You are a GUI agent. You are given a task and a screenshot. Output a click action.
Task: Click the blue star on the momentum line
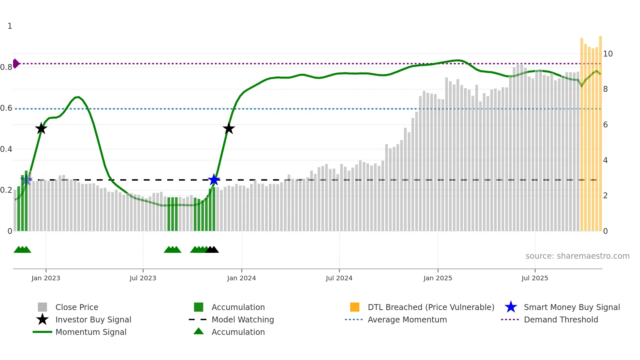(x=214, y=180)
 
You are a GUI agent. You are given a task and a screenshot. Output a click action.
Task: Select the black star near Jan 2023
(x=41, y=128)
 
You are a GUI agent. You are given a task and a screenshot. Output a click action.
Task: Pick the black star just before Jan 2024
(x=229, y=128)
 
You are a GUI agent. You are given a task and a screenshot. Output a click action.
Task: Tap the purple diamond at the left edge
(x=16, y=63)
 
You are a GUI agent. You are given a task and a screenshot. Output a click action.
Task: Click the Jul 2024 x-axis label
(x=339, y=278)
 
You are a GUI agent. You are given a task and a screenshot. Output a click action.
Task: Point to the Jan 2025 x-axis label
(x=438, y=278)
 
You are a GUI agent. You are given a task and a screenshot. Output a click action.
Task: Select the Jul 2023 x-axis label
(x=143, y=278)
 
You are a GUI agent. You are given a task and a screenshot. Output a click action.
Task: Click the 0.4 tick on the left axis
(x=6, y=149)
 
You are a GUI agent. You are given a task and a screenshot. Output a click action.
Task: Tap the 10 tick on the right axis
(x=608, y=54)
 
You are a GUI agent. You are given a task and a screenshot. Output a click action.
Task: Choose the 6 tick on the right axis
(x=605, y=125)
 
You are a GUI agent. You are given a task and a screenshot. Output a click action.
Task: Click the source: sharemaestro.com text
(x=577, y=256)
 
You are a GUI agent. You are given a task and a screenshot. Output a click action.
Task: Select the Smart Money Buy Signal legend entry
(x=571, y=307)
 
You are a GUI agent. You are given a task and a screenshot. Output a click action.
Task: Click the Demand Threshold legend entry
(x=561, y=319)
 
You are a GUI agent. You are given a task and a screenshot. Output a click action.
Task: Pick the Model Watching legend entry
(x=243, y=319)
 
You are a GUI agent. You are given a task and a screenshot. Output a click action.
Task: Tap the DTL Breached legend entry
(x=431, y=307)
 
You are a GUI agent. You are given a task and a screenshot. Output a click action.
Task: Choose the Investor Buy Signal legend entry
(x=93, y=319)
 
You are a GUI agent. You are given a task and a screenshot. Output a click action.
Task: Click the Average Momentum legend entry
(x=407, y=319)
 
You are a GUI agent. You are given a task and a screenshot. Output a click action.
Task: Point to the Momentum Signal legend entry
(x=91, y=332)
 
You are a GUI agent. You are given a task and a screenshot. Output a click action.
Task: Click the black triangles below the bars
(x=212, y=250)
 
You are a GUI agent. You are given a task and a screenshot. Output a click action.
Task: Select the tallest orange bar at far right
(x=600, y=131)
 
